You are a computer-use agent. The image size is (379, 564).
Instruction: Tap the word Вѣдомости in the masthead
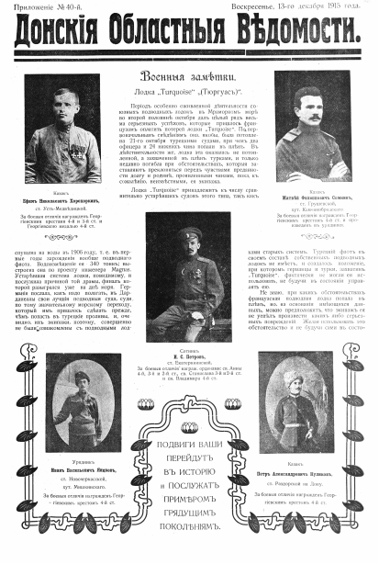point(295,36)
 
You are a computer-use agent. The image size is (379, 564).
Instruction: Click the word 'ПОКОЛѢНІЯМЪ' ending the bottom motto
point(190,530)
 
